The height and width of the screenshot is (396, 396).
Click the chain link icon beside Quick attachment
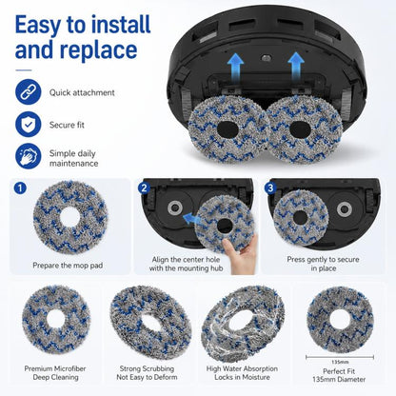pyautogui.click(x=29, y=92)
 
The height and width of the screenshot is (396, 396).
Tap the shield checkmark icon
pyautogui.click(x=29, y=124)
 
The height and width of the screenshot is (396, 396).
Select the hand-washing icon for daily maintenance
pyautogui.click(x=29, y=156)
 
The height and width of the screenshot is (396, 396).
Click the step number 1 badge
pyautogui.click(x=20, y=188)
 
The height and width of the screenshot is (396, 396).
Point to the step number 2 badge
pyautogui.click(x=144, y=188)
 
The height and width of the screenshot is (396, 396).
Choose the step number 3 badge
pyautogui.click(x=270, y=188)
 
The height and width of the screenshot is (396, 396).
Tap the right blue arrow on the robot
pyautogui.click(x=296, y=68)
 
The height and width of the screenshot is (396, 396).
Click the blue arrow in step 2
pyautogui.click(x=190, y=219)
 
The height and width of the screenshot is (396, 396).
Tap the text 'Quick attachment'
pyautogui.click(x=82, y=92)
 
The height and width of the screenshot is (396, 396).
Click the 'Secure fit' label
pyautogui.click(x=67, y=125)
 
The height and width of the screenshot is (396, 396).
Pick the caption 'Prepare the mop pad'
pyautogui.click(x=68, y=266)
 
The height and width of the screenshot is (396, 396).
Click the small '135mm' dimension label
pyautogui.click(x=340, y=362)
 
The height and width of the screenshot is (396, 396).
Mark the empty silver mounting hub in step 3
pyautogui.click(x=345, y=209)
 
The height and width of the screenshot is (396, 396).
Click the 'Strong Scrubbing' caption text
pyautogui.click(x=147, y=368)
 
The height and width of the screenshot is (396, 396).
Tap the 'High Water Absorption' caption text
pyautogui.click(x=242, y=368)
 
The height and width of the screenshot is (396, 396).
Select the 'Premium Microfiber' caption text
pyautogui.click(x=55, y=368)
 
